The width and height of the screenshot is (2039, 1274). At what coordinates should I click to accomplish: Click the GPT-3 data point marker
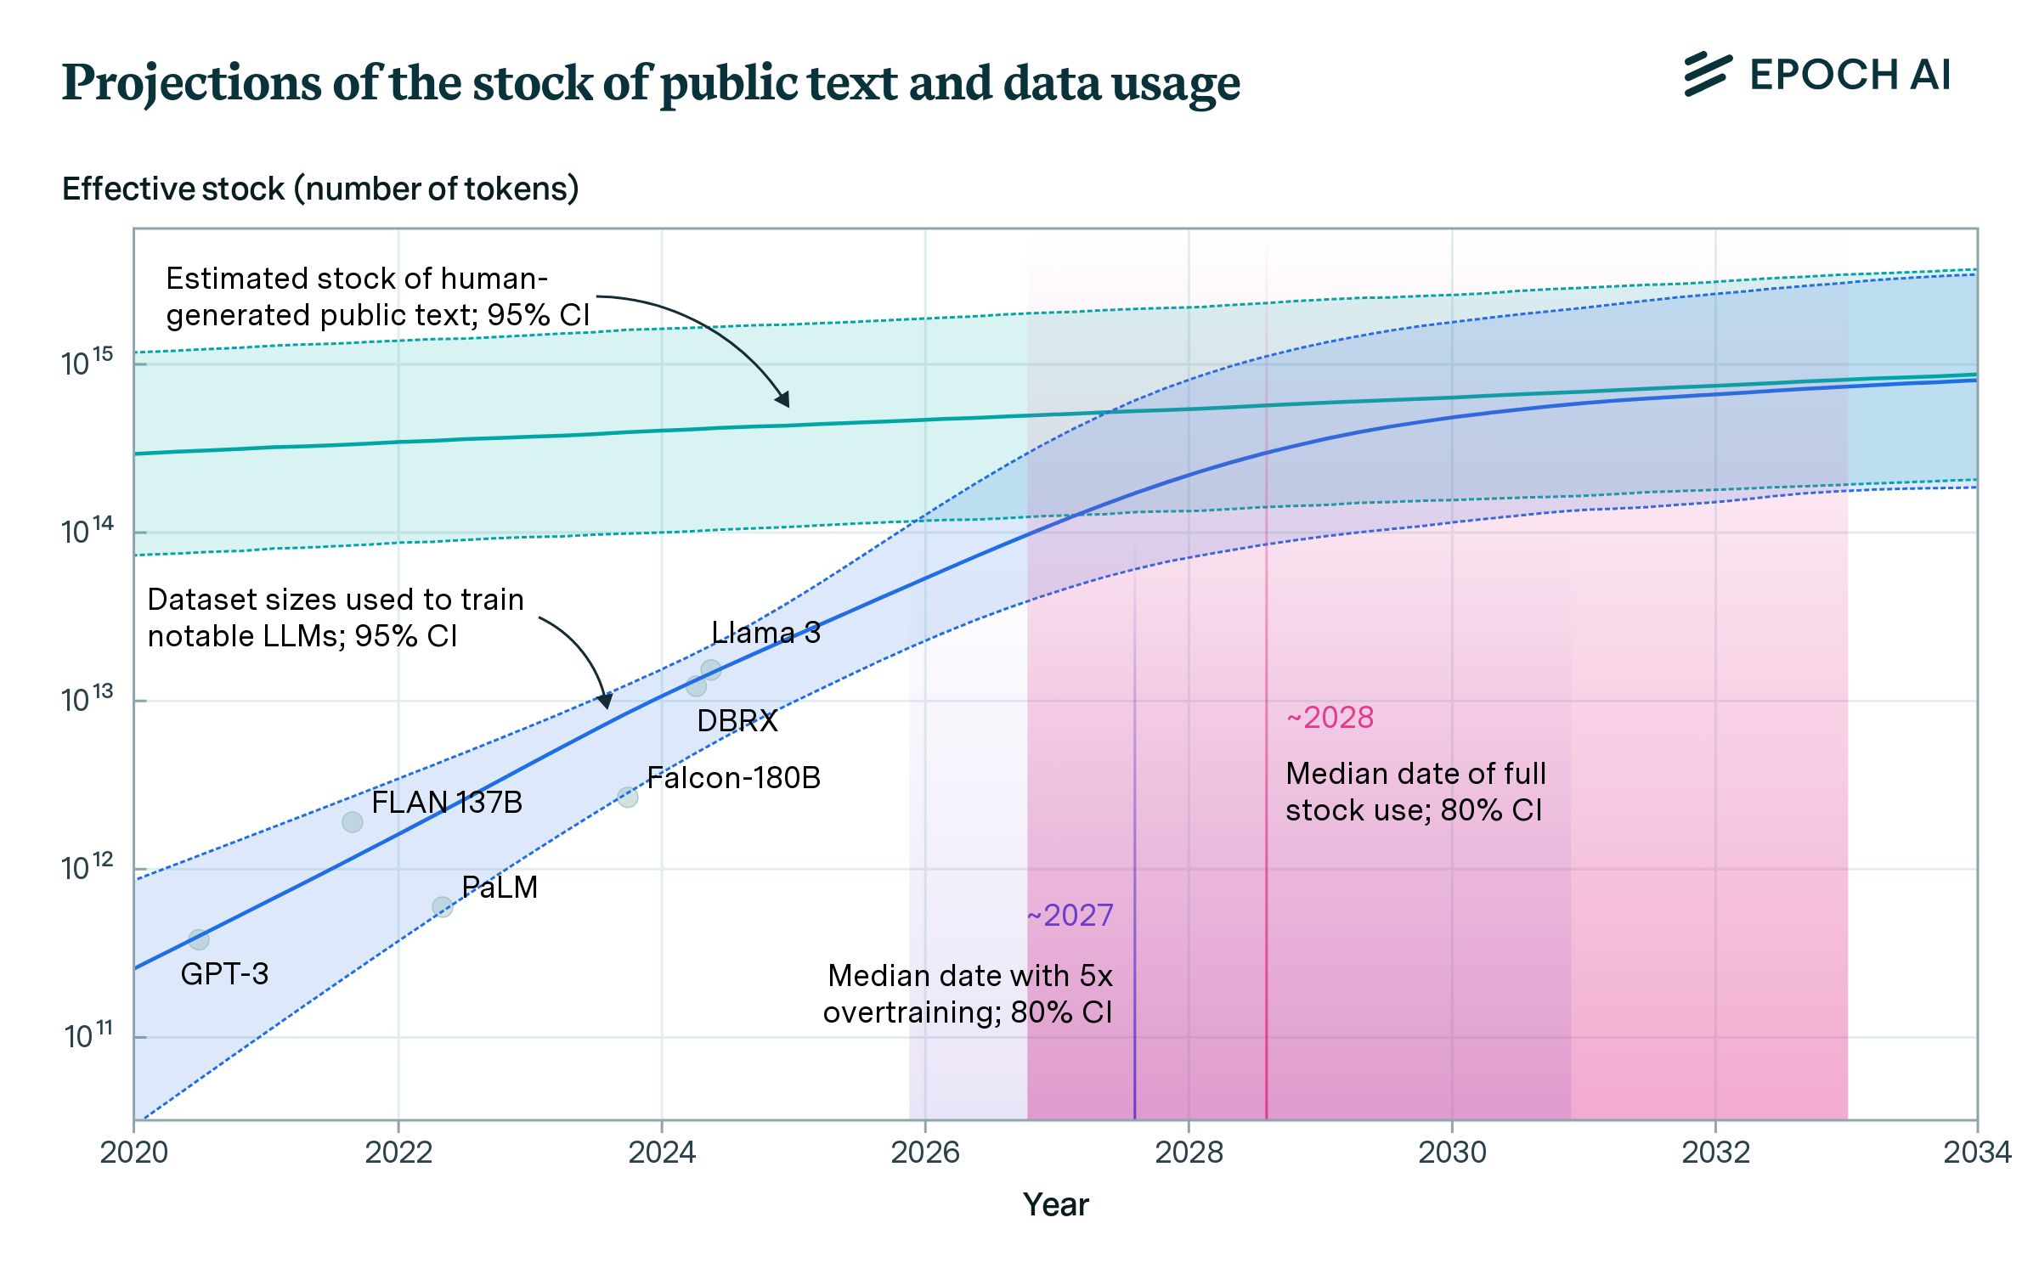[199, 939]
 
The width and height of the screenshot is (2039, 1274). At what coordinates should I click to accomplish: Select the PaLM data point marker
[442, 907]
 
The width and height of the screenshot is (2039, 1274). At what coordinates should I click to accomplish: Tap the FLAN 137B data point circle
[353, 822]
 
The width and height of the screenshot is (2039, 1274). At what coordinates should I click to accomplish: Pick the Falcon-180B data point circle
[628, 797]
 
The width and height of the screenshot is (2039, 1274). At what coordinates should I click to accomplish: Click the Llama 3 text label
[765, 633]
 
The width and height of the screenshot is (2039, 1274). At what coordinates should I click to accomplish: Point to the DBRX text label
[737, 721]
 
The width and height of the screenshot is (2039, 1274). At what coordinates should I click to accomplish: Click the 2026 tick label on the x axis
[925, 1153]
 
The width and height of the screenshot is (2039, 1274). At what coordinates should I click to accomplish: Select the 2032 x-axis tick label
[1715, 1153]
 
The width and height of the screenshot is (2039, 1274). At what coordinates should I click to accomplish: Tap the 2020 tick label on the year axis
[134, 1153]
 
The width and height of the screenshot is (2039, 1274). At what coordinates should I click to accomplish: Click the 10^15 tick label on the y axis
[87, 363]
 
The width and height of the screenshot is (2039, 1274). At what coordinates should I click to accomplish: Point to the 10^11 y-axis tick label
[88, 1035]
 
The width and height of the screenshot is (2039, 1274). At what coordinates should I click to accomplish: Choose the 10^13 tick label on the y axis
[87, 699]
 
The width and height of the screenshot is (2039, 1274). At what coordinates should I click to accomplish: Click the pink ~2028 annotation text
[1330, 718]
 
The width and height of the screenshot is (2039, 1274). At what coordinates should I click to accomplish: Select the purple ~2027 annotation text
[1070, 916]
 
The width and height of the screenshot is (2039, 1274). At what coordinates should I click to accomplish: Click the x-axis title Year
[1055, 1205]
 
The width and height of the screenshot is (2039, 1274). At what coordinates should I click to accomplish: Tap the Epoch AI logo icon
[1708, 75]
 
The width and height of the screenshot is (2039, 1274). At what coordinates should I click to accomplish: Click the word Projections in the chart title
[192, 84]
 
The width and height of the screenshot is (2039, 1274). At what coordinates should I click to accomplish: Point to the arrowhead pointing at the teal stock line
[783, 399]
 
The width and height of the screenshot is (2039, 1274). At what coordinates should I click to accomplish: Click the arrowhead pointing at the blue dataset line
[605, 701]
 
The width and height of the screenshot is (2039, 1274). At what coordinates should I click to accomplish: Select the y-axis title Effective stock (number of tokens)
[320, 189]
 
